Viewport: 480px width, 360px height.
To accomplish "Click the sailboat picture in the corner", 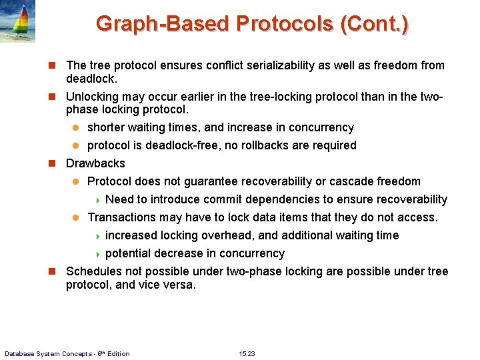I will [17, 21].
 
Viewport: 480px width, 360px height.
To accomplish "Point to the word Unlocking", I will [93, 97].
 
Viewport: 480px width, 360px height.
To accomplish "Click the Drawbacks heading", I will [95, 163].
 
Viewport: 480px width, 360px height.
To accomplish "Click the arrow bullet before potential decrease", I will [97, 254].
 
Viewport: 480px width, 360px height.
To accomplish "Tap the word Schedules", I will [93, 271].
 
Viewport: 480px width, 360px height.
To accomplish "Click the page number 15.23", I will [247, 353].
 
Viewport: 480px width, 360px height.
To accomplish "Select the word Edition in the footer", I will [117, 353].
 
